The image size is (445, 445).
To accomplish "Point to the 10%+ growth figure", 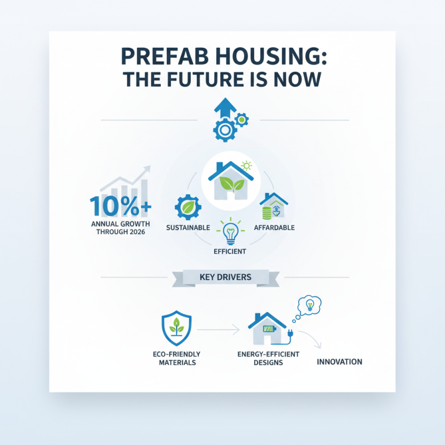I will pyautogui.click(x=120, y=206).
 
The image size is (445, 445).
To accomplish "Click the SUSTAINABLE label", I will pyautogui.click(x=188, y=228).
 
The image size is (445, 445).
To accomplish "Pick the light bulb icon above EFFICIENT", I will pyautogui.click(x=230, y=233).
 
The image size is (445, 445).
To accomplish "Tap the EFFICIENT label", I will pyautogui.click(x=230, y=251).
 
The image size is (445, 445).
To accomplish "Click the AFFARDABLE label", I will pyautogui.click(x=274, y=228).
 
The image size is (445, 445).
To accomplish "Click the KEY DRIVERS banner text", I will pyautogui.click(x=225, y=276).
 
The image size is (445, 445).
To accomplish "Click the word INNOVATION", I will pyautogui.click(x=339, y=362).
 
